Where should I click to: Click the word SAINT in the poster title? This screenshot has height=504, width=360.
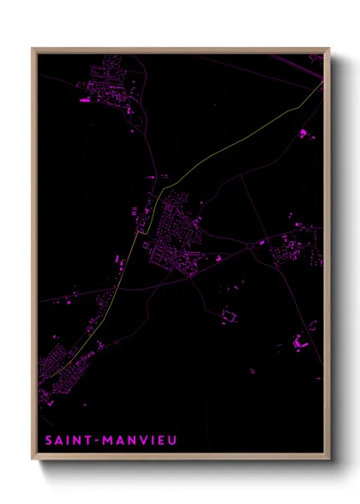tap(67, 441)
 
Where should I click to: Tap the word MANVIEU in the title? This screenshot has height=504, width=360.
tap(140, 441)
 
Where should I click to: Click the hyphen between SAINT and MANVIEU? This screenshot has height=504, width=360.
tap(96, 441)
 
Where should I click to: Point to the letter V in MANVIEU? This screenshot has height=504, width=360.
tap(140, 441)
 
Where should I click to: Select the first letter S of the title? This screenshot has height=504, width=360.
tap(48, 441)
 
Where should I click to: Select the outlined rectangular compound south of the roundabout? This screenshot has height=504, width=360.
tap(228, 316)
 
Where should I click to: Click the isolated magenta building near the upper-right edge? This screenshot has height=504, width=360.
tap(303, 133)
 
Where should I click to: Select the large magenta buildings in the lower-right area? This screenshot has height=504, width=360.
tap(298, 343)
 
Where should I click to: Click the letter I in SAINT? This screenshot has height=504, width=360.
tap(71, 441)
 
